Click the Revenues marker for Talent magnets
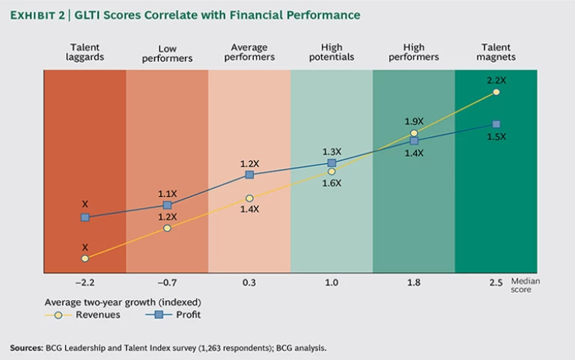tap(496, 92)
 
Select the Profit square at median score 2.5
tap(496, 124)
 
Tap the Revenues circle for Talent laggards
tap(85, 258)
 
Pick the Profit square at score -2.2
tap(85, 217)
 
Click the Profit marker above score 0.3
tap(249, 174)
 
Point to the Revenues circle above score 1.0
tap(332, 171)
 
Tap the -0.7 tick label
tap(167, 282)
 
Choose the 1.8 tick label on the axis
tap(414, 282)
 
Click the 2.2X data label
tap(496, 80)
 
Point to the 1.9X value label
tap(414, 121)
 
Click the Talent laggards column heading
tap(85, 52)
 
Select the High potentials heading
tap(332, 52)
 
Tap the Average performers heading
tap(249, 52)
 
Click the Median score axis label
tap(525, 285)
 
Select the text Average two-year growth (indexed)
tap(123, 302)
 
